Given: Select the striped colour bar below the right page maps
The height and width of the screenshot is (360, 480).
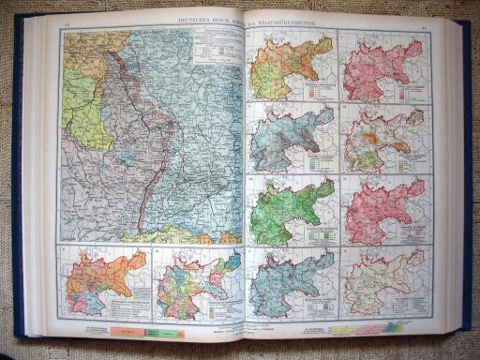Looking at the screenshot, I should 375,327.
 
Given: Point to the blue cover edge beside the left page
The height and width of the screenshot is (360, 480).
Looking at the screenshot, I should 17,187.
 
